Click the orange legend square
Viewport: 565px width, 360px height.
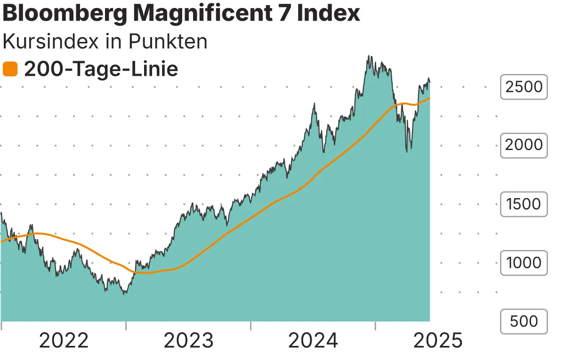[10, 70]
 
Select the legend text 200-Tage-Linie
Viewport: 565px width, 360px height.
[101, 70]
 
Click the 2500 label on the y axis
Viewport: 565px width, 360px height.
[524, 87]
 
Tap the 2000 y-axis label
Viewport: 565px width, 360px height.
[524, 145]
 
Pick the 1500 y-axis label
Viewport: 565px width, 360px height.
[524, 204]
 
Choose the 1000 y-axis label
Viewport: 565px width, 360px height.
[524, 263]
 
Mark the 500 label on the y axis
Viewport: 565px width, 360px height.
[524, 321]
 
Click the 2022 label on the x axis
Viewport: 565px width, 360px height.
[64, 341]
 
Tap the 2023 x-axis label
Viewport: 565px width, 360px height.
[188, 341]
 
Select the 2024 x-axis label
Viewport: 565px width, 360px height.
[313, 341]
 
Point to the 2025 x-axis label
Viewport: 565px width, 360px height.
[438, 341]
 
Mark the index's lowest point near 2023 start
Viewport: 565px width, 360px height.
[124, 294]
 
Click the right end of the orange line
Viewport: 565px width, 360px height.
[429, 98]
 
